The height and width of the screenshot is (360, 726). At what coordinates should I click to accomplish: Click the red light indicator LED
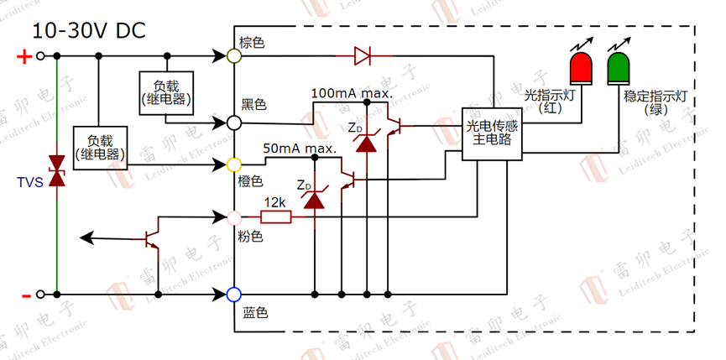pyautogui.click(x=580, y=67)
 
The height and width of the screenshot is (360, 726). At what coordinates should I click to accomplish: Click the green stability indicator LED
pyautogui.click(x=619, y=67)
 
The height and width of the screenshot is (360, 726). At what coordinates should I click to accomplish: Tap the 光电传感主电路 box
pyautogui.click(x=493, y=133)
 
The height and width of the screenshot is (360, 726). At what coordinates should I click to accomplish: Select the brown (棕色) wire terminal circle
pyautogui.click(x=234, y=56)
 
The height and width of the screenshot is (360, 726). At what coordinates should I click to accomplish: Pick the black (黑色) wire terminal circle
pyautogui.click(x=234, y=123)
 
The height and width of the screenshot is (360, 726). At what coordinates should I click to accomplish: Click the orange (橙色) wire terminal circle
pyautogui.click(x=234, y=164)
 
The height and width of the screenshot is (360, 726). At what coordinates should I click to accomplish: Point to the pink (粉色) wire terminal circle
pyautogui.click(x=234, y=217)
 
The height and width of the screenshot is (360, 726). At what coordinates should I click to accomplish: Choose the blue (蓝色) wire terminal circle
pyautogui.click(x=234, y=295)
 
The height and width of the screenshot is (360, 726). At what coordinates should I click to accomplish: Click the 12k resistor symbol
pyautogui.click(x=275, y=217)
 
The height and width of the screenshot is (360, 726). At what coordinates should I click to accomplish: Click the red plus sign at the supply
pyautogui.click(x=24, y=57)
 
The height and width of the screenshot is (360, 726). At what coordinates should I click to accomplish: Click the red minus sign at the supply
pyautogui.click(x=25, y=295)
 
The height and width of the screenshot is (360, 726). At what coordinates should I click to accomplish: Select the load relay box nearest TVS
pyautogui.click(x=99, y=149)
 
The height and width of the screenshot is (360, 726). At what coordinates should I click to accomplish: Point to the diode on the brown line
pyautogui.click(x=363, y=56)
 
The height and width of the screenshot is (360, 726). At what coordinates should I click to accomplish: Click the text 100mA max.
pyautogui.click(x=352, y=91)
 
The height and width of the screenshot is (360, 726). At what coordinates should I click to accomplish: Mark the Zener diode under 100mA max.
pyautogui.click(x=366, y=141)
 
